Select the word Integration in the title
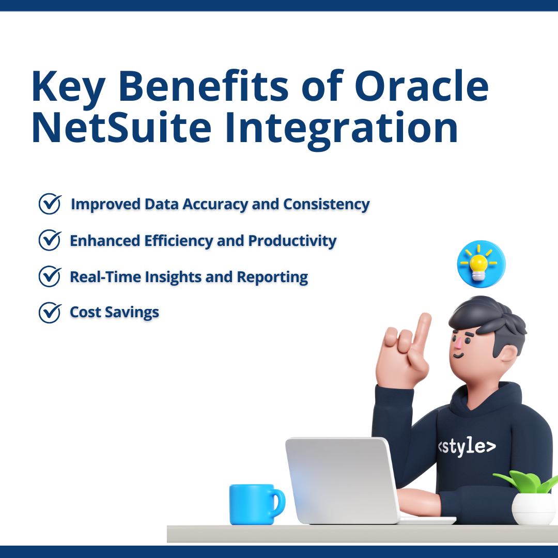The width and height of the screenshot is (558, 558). click(x=342, y=129)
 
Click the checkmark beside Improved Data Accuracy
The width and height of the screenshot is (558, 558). click(x=50, y=204)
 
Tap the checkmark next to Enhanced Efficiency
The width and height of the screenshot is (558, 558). click(x=50, y=241)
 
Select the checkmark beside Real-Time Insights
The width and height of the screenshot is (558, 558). click(x=50, y=277)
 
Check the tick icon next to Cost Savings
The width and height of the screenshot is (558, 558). click(x=50, y=313)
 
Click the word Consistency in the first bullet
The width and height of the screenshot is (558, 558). click(x=326, y=205)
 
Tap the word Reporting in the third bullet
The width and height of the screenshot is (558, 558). click(x=272, y=277)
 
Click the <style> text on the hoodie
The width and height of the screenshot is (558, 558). click(x=467, y=447)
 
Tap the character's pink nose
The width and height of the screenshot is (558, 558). click(x=458, y=342)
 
